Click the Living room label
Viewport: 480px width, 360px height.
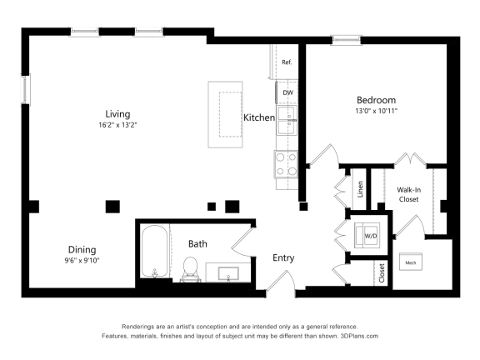click(x=117, y=114)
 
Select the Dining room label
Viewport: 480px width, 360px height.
click(x=82, y=249)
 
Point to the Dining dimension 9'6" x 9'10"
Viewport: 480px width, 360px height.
click(x=82, y=261)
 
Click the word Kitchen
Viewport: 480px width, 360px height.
click(x=258, y=118)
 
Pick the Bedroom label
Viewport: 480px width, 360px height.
click(x=376, y=100)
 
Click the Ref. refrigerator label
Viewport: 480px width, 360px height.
click(x=287, y=62)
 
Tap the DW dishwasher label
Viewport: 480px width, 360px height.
click(x=287, y=92)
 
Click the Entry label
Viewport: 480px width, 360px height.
click(x=283, y=258)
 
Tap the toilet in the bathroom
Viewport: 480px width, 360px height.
click(x=189, y=268)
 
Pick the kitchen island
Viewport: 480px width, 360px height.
click(x=225, y=113)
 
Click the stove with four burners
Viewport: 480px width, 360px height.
click(x=287, y=163)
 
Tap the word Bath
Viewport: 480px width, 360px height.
click(x=197, y=244)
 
